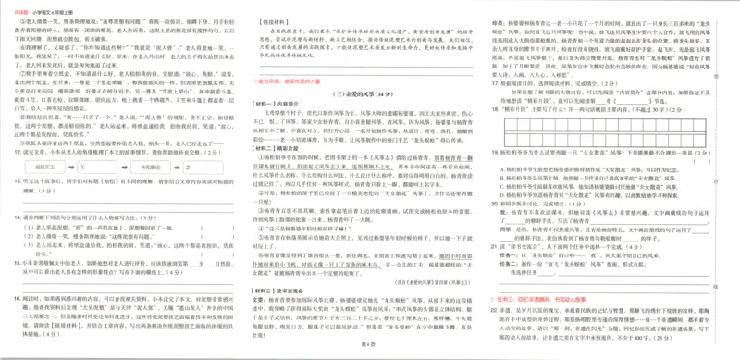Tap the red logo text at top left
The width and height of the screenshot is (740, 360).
click(x=16, y=6)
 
